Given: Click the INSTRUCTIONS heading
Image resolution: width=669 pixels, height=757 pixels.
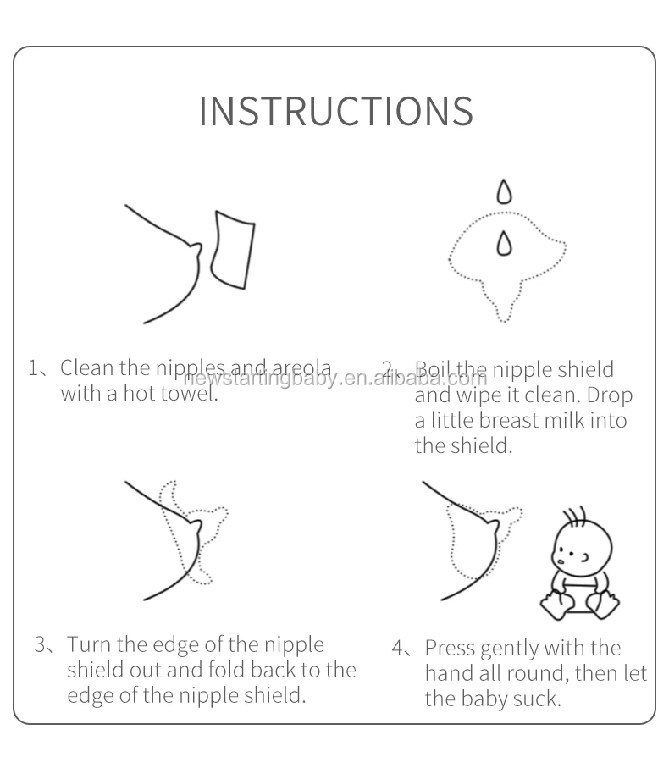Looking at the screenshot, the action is coord(336,111).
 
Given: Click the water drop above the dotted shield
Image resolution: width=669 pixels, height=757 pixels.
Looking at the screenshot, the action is coord(505,191).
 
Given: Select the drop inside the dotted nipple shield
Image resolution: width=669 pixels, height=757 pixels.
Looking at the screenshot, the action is coord(505,242).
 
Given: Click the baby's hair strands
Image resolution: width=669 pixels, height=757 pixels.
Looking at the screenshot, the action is coord(575,517).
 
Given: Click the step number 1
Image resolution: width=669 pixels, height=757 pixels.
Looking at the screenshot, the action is coord(33,368).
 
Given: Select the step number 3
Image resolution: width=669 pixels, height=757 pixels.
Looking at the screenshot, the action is coord(40,645).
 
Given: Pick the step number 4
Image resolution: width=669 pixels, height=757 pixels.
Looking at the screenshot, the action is coord(398,649).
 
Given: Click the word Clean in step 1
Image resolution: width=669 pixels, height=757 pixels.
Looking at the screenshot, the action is coord(87,368).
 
